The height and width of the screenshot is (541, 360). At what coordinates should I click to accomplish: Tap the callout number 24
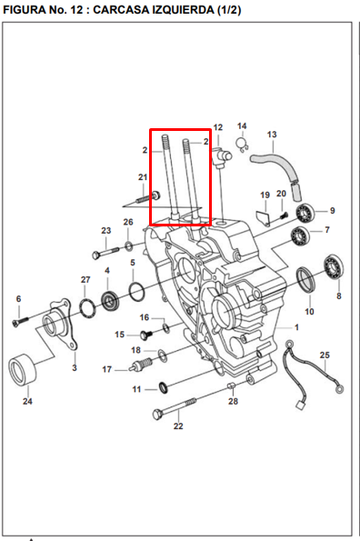pos(27,401)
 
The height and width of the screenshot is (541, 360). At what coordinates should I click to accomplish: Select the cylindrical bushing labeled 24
pos(23,368)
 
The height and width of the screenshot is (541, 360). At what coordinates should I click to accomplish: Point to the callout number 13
pos(272,135)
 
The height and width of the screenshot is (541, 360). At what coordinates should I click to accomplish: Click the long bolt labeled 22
pos(175,407)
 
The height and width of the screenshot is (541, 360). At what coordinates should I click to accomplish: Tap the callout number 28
pos(233,401)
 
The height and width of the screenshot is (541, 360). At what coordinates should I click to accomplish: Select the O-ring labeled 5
pos(137,291)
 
